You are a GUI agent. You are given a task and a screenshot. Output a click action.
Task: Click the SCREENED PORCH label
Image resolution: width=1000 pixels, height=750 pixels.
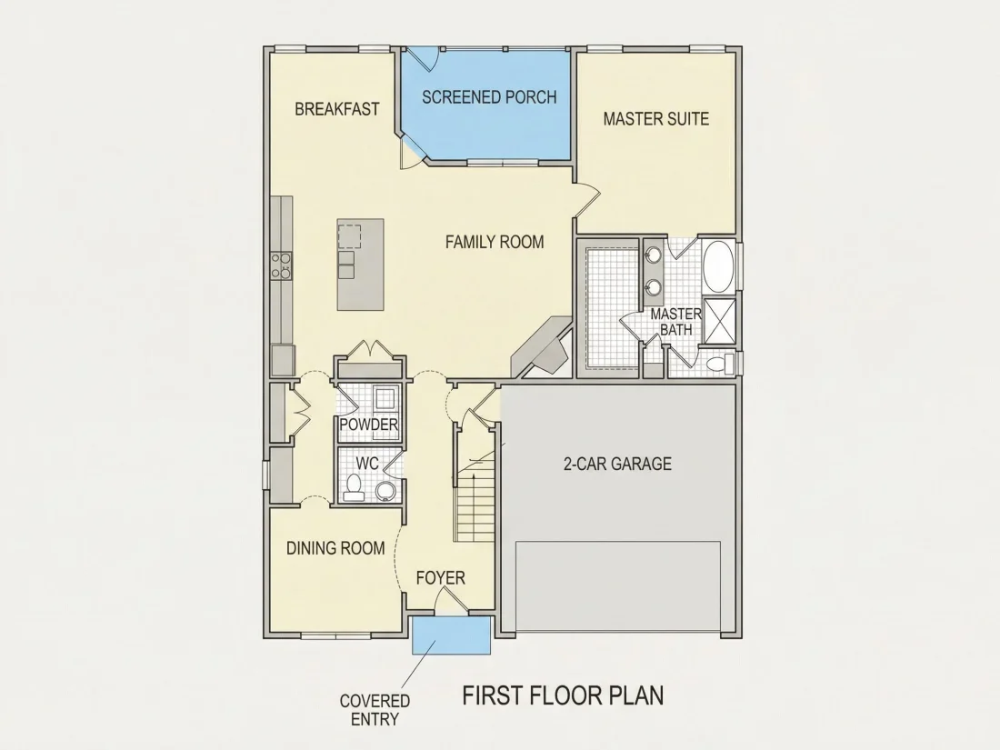489,97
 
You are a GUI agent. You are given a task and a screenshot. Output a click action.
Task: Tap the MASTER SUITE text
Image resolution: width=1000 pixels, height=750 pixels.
656,118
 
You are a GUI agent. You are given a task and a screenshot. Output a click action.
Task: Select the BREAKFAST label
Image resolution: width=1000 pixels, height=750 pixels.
336,109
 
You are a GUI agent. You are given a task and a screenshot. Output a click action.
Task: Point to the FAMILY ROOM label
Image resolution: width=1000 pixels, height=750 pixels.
495,242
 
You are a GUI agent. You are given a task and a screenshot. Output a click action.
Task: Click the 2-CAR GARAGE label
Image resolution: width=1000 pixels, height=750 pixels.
617,464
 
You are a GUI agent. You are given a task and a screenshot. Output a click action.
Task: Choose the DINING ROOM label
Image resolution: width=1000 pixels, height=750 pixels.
335,548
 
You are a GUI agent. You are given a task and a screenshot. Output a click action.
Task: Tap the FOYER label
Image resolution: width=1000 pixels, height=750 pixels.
441,578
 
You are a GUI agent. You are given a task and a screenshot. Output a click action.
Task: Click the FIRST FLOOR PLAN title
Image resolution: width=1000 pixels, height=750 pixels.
563,695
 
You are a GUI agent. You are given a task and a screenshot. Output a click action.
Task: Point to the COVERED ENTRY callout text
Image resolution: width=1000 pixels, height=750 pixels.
375,710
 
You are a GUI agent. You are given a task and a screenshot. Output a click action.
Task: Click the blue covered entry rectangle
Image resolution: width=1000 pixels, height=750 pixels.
452,635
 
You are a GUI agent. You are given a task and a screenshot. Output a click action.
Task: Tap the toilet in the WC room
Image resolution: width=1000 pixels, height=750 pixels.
353,486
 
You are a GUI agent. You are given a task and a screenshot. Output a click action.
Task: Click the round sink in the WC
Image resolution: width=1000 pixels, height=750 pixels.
385,491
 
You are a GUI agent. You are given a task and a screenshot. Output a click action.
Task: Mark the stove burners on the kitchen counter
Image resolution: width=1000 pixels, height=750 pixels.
281,265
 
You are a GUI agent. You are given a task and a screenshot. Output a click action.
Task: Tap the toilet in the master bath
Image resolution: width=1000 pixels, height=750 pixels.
720,364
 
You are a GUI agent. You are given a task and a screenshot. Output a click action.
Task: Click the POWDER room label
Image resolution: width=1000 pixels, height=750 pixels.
368,425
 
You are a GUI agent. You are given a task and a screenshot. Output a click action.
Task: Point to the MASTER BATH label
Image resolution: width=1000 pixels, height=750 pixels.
676,322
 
